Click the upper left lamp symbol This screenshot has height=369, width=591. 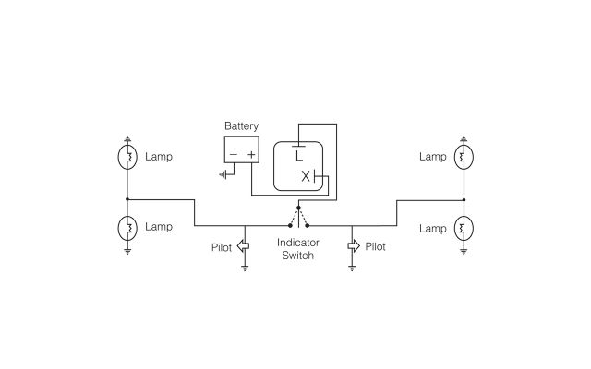[x=127, y=157]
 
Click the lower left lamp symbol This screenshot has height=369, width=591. [x=127, y=227]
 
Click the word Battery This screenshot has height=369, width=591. [x=242, y=126]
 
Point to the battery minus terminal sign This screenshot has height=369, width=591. [x=234, y=154]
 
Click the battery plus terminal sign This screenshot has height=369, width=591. [x=251, y=154]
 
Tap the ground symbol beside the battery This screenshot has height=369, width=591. [x=224, y=173]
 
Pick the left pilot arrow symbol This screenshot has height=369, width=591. [x=243, y=246]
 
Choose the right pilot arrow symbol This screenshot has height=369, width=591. [x=353, y=246]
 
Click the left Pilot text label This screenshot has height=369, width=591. [x=220, y=247]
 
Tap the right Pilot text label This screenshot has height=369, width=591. [x=376, y=247]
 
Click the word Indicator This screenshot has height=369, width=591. [x=298, y=243]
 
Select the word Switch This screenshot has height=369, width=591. [x=298, y=256]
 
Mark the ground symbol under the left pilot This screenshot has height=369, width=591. [x=245, y=268]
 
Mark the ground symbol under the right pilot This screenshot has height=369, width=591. [x=353, y=268]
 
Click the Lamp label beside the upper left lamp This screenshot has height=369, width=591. [x=159, y=157]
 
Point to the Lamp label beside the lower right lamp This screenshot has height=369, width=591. [x=432, y=227]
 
